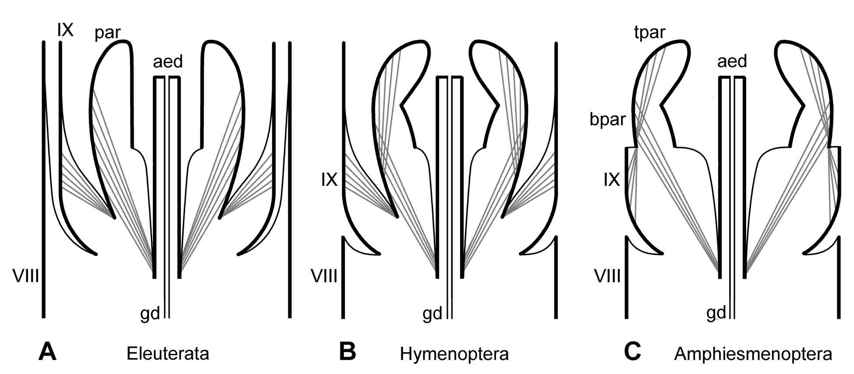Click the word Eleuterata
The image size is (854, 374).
168,353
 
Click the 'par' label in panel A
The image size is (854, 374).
108,33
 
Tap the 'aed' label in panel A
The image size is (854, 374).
168,62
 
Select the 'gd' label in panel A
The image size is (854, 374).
150,314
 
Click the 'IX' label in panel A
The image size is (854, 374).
65,30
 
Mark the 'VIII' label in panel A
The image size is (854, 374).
26,277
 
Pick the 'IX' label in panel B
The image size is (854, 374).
329,180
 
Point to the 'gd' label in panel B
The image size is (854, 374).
432,314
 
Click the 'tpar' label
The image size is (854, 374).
650,32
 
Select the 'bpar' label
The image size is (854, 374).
607,119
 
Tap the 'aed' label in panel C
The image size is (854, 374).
732,62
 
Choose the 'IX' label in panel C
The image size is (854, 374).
612,180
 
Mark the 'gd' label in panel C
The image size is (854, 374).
716,313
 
